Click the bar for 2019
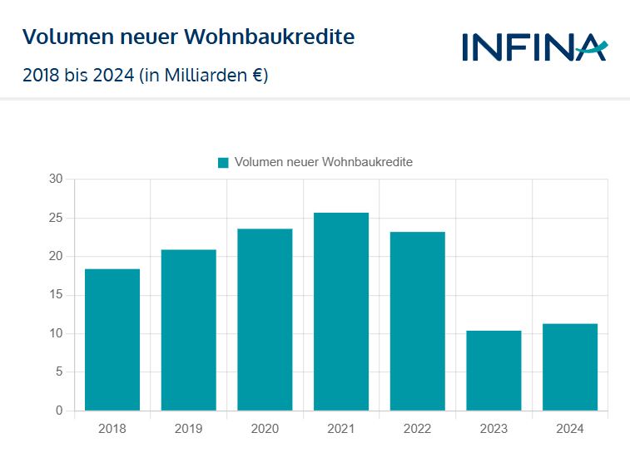tap(188, 330)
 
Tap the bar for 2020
tap(265, 319)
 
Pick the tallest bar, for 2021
tap(341, 312)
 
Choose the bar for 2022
tap(417, 321)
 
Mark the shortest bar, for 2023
tap(494, 371)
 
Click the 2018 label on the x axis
tap(112, 429)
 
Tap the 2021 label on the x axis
tap(341, 429)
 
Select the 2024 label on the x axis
tap(570, 429)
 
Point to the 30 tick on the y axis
tap(56, 179)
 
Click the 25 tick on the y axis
tap(56, 218)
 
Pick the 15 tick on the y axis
tap(56, 295)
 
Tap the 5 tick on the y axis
tap(59, 372)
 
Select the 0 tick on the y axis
tap(59, 411)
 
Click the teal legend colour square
tap(223, 163)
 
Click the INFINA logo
tap(534, 47)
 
